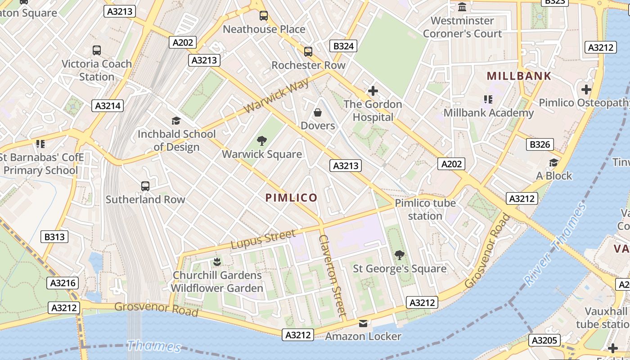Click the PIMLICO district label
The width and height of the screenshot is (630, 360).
pyautogui.click(x=291, y=198)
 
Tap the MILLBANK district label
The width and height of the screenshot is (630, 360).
pyautogui.click(x=519, y=76)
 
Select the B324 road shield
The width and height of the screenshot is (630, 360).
pyautogui.click(x=344, y=46)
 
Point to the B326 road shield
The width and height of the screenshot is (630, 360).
pyautogui.click(x=540, y=144)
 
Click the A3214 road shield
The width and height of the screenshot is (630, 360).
pyautogui.click(x=108, y=106)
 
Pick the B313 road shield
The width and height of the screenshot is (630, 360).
pyautogui.click(x=54, y=237)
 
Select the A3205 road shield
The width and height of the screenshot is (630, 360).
pyautogui.click(x=544, y=341)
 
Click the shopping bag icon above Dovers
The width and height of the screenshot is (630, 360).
pyautogui.click(x=318, y=112)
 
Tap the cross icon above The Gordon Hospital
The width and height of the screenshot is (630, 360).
pyautogui.click(x=373, y=91)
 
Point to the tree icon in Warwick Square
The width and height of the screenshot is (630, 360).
pyautogui.click(x=261, y=141)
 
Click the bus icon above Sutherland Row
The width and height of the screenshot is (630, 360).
pyautogui.click(x=145, y=186)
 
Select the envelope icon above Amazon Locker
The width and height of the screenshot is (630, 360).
pyautogui.click(x=363, y=323)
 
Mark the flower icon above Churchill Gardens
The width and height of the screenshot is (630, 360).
pyautogui.click(x=217, y=261)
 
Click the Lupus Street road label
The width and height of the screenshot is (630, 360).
pyautogui.click(x=263, y=239)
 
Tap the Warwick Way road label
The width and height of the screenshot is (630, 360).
pyautogui.click(x=276, y=96)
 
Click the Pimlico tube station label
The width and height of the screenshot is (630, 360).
pyautogui.click(x=425, y=209)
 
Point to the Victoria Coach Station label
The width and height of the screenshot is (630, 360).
pyautogui.click(x=97, y=70)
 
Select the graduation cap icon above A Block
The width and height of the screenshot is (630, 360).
pyautogui.click(x=553, y=162)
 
